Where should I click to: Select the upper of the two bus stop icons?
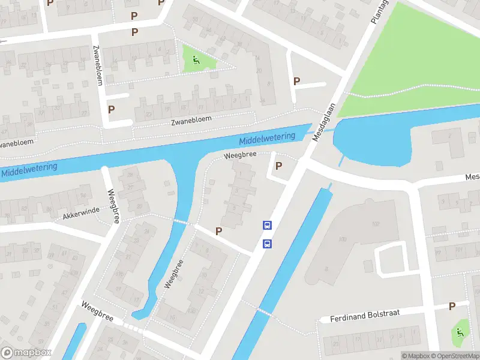268,226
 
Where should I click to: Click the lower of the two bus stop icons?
268,244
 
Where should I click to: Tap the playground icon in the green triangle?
196,59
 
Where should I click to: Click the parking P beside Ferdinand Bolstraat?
452,306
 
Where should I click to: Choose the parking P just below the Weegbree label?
278,166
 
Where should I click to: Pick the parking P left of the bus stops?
219,231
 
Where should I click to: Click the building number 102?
376,224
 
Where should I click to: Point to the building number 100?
342,239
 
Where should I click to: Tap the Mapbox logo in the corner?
26,353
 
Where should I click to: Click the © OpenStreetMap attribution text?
456,356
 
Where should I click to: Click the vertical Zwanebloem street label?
97,65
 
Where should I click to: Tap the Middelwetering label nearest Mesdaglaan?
267,139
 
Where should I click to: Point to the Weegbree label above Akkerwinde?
111,206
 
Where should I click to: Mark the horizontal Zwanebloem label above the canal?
191,120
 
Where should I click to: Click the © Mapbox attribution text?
416,356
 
